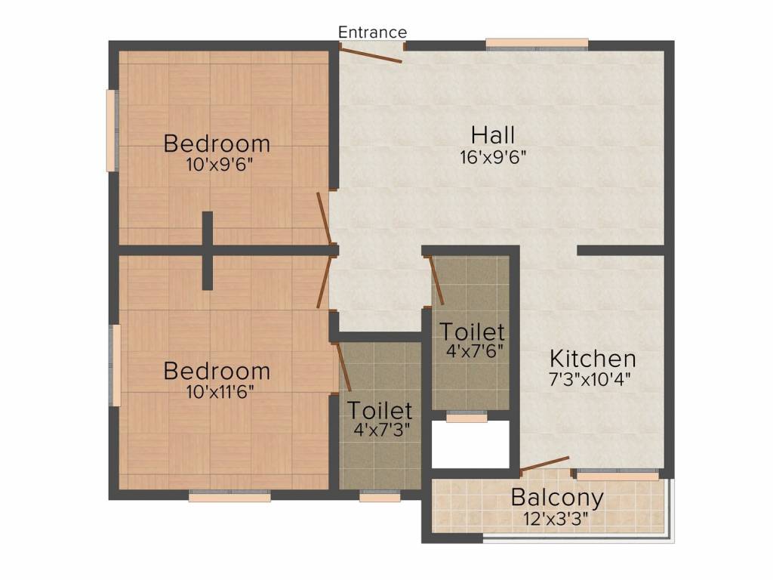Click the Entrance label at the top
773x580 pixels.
coord(372,32)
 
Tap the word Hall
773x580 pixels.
coord(493,135)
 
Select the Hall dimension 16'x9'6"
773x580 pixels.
coord(493,157)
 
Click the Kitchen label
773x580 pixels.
coord(593,358)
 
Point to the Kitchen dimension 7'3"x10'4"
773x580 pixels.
coord(590,378)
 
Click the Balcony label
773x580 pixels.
coord(557,498)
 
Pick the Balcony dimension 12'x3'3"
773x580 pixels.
coord(556,519)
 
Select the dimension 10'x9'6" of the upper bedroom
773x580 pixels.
coord(218,164)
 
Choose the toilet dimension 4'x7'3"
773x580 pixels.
coord(380,429)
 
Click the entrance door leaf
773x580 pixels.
coord(371,54)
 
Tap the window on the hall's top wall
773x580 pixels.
coord(537,44)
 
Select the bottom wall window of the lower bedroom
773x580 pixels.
coord(229,497)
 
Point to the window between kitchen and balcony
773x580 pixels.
coord(617,476)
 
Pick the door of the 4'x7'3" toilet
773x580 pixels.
coord(341,367)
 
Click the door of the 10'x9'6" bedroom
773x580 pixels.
coord(325,218)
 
